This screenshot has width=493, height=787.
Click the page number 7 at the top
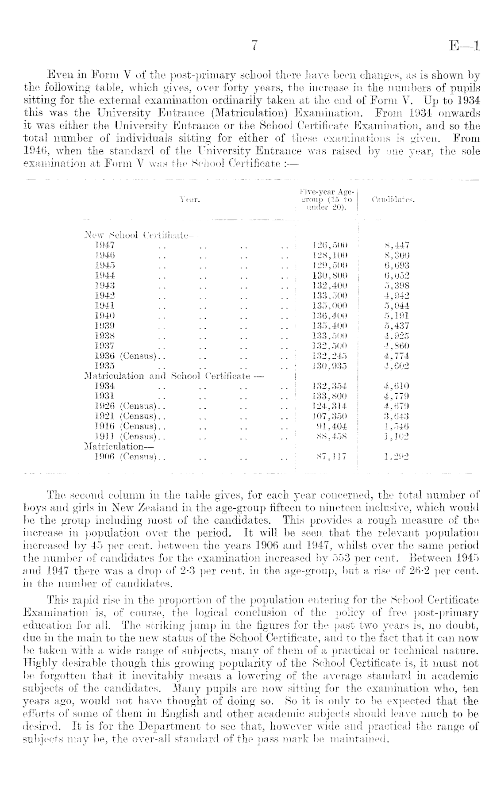pos(254,46)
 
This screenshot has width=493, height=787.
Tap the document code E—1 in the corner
pos(464,46)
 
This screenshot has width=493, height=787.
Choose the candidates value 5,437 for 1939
pos(397,326)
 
